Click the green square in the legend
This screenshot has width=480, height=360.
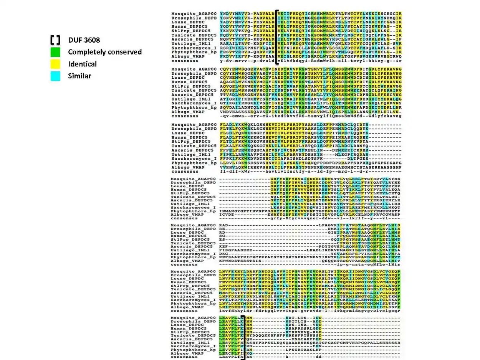coord(56,52)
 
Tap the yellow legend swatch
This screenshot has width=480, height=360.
coord(56,64)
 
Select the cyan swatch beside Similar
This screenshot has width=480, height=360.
coord(56,76)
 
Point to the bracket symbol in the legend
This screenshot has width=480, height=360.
coord(56,40)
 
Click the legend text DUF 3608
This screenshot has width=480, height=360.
coord(84,40)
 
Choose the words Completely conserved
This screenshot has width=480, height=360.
coord(105,52)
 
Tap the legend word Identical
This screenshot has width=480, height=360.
coord(83,64)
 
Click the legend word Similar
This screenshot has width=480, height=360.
coord(80,76)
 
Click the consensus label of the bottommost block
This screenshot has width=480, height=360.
coord(182,357)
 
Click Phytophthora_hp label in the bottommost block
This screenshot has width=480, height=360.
coord(194,349)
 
